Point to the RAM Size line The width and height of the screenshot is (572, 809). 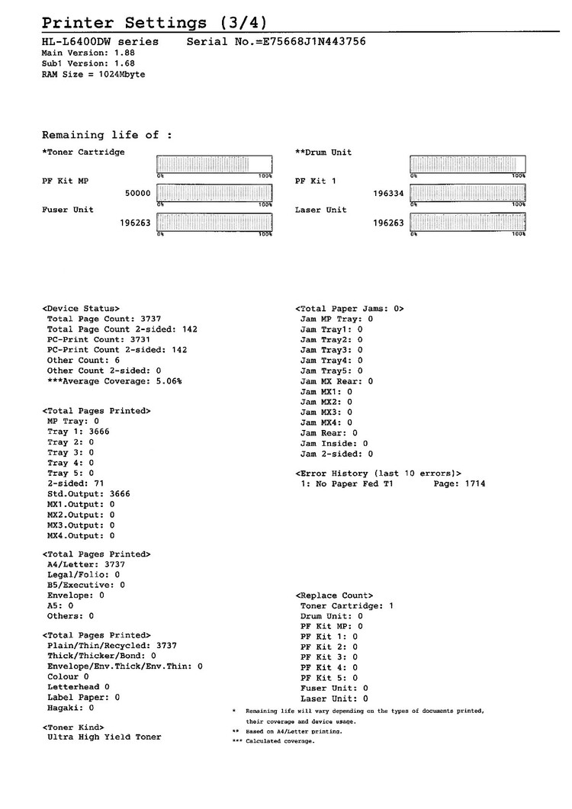(x=93, y=75)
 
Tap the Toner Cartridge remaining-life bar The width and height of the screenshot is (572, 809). (x=214, y=165)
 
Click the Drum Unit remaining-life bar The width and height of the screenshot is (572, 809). (x=468, y=165)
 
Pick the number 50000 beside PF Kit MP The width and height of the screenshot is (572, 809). (x=137, y=194)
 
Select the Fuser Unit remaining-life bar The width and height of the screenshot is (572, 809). (x=214, y=223)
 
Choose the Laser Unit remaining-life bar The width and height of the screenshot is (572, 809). (x=468, y=223)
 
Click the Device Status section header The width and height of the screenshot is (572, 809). (x=81, y=309)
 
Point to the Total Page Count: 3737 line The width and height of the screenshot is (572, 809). (x=104, y=319)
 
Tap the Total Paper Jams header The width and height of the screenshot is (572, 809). (x=349, y=309)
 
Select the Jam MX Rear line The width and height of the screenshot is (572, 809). (x=336, y=380)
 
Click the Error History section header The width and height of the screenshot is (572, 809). (x=378, y=474)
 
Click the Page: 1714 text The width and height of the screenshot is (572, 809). (x=459, y=484)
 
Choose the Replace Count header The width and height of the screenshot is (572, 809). (x=334, y=595)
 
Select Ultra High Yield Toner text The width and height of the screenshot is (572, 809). (x=104, y=737)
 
